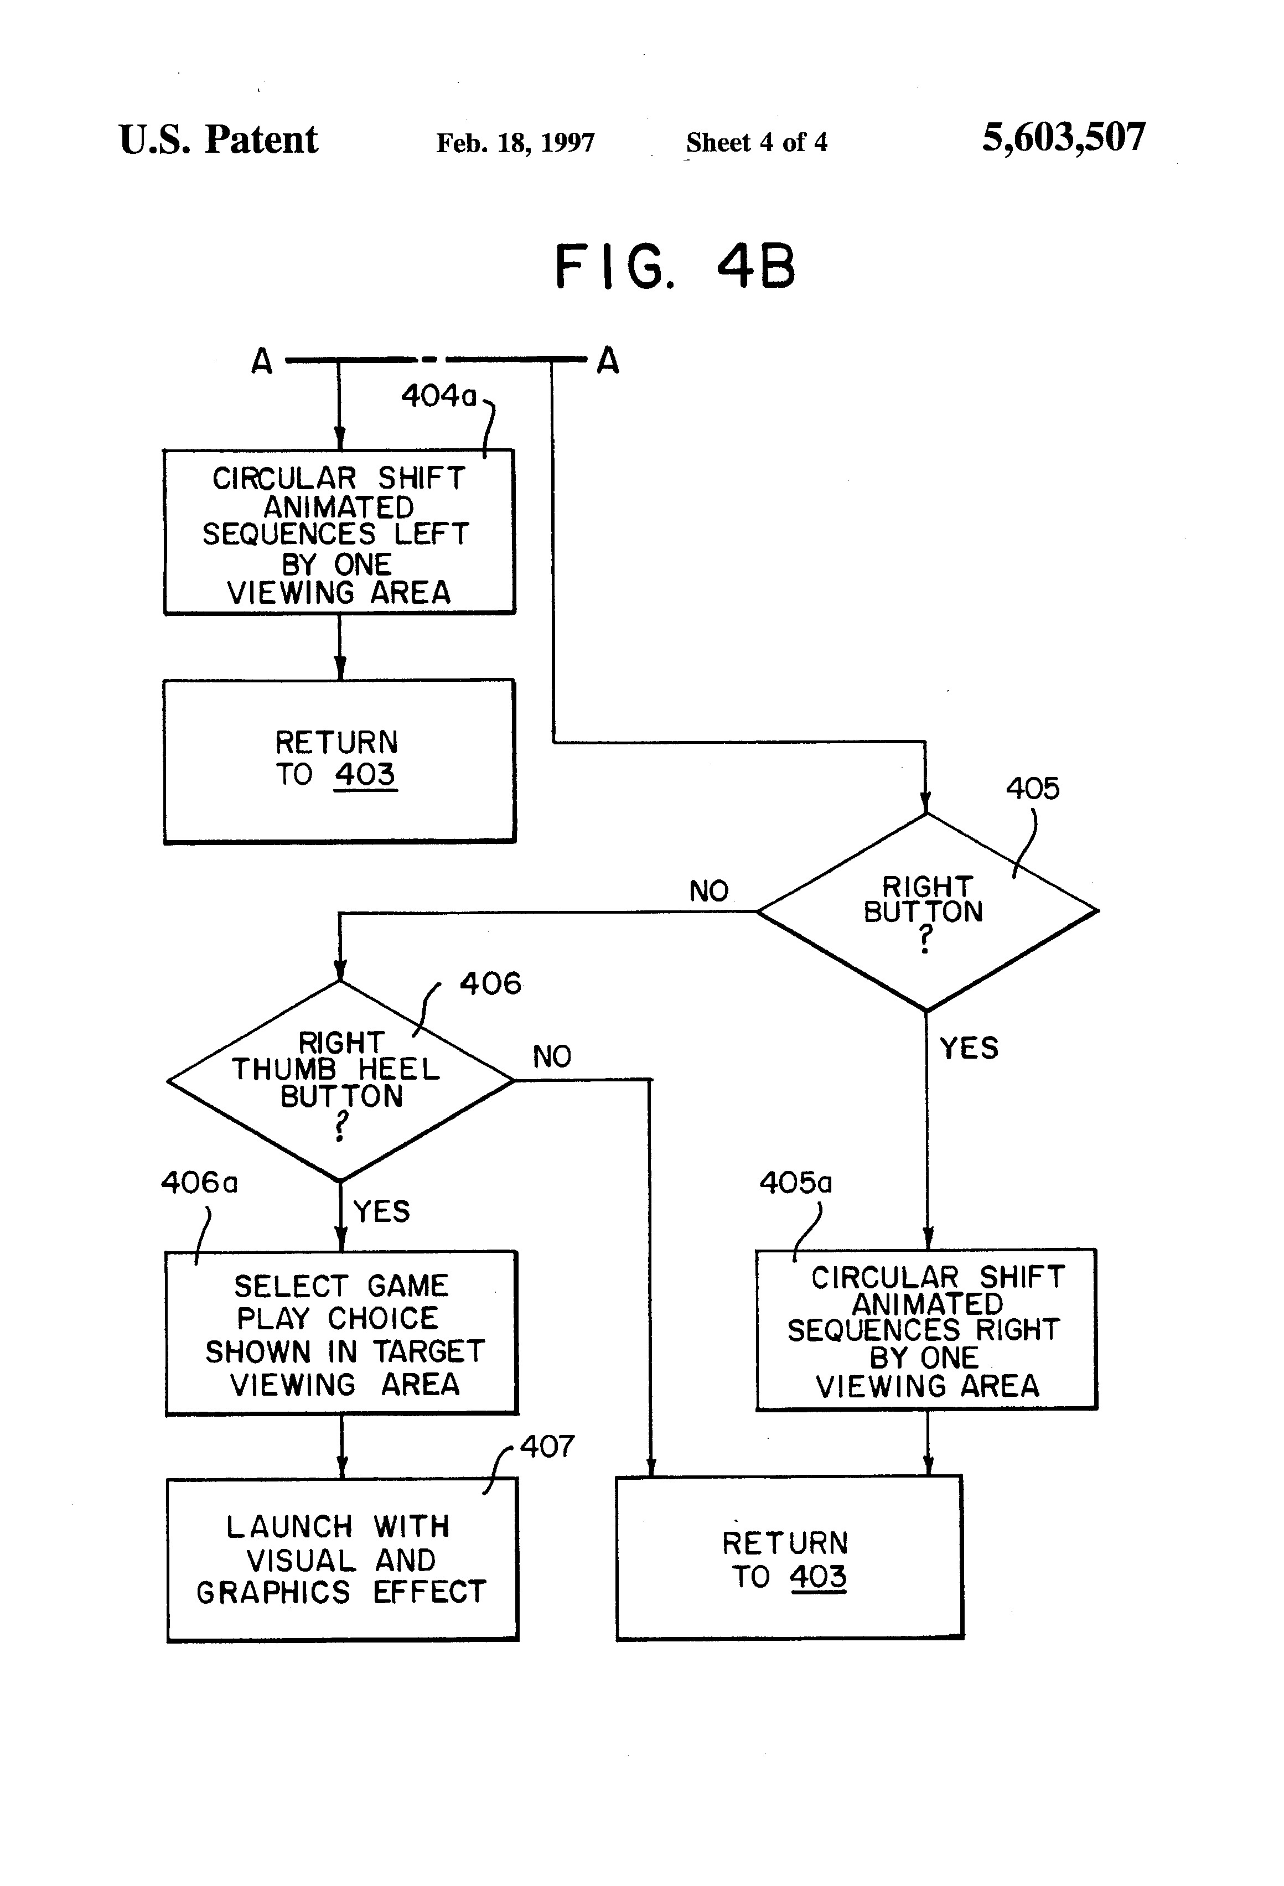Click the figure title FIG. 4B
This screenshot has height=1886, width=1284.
point(675,267)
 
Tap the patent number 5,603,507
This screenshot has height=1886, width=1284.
point(1064,137)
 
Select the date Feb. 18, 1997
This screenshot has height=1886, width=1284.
point(515,143)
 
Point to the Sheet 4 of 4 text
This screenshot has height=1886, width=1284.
point(757,142)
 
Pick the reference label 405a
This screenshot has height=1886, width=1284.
point(795,1183)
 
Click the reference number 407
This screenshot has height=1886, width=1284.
point(547,1445)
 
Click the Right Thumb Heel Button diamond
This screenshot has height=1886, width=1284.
point(340,1080)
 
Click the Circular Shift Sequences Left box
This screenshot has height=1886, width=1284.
point(339,532)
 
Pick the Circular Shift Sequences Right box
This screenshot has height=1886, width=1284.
point(926,1329)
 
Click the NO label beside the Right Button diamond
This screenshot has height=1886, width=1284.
point(708,891)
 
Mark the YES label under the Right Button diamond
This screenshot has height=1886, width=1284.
point(969,1048)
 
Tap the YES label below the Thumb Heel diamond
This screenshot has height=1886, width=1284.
point(381,1211)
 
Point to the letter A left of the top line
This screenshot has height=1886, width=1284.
point(261,360)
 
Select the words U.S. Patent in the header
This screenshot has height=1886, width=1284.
point(218,139)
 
